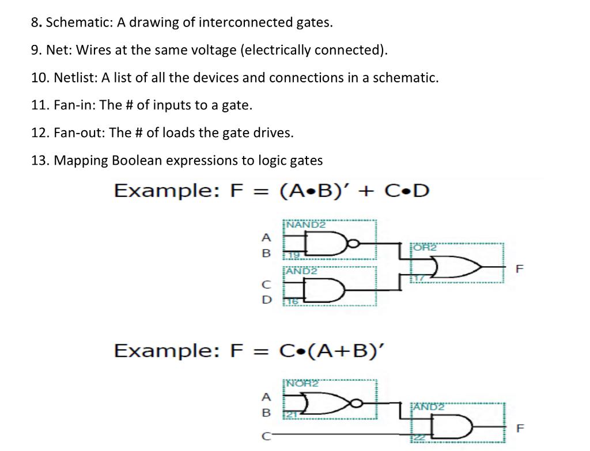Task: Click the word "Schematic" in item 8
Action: [78, 23]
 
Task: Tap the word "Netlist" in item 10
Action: [75, 78]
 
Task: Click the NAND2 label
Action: [306, 225]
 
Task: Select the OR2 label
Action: [425, 247]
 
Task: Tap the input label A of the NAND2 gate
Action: [265, 237]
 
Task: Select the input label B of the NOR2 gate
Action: [265, 412]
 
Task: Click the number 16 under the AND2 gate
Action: [293, 301]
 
